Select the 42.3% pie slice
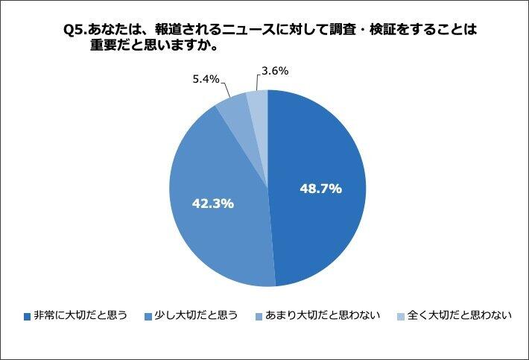pos(216,224)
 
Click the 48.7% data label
pos(320,189)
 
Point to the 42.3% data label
pos(213,202)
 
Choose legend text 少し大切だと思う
pos(196,315)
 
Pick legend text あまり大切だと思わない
pos(323,315)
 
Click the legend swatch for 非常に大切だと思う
pos(27,316)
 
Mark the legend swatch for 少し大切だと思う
pos(148,316)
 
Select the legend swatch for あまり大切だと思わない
pos(259,316)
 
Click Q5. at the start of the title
pos(76,31)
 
